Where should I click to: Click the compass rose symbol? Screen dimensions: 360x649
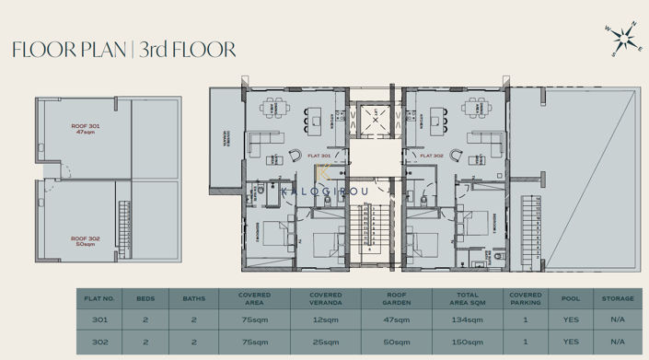tap(624, 39)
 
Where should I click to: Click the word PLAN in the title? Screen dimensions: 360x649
tap(99, 50)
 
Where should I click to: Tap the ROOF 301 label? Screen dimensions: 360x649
tap(86, 128)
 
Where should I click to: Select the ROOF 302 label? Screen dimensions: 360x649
tap(86, 241)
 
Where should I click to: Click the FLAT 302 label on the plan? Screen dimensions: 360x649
tap(432, 156)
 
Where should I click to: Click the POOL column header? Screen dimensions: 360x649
tap(572, 298)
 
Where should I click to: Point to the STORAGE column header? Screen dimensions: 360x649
tap(617, 298)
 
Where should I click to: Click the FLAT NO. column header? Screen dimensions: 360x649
tap(99, 298)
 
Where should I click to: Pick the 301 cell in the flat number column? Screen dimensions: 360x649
tap(99, 319)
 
